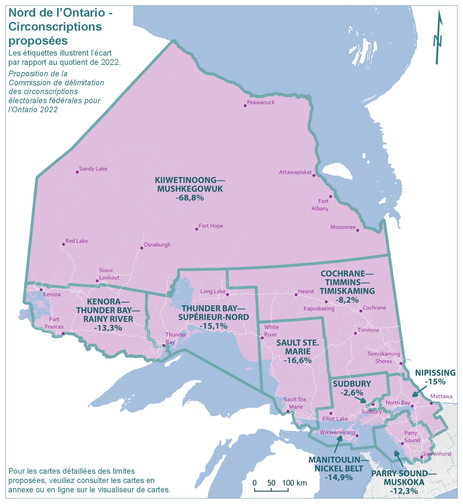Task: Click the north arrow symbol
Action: [x=438, y=38]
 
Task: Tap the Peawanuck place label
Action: [x=260, y=102]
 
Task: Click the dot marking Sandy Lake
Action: [x=77, y=172]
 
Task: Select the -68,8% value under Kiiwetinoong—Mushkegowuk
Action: [x=190, y=198]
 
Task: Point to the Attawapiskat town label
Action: [x=295, y=172]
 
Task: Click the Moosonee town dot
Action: [x=357, y=230]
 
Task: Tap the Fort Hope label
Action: [x=211, y=226]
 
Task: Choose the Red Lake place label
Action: [x=77, y=241]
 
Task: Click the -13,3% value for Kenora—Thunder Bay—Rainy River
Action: [x=108, y=328]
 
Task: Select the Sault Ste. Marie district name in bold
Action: [x=298, y=347]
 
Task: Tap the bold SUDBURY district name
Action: [x=352, y=384]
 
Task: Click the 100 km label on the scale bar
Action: [x=295, y=483]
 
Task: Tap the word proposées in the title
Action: [x=38, y=41]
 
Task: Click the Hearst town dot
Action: [x=296, y=295]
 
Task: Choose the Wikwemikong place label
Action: [x=337, y=432]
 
